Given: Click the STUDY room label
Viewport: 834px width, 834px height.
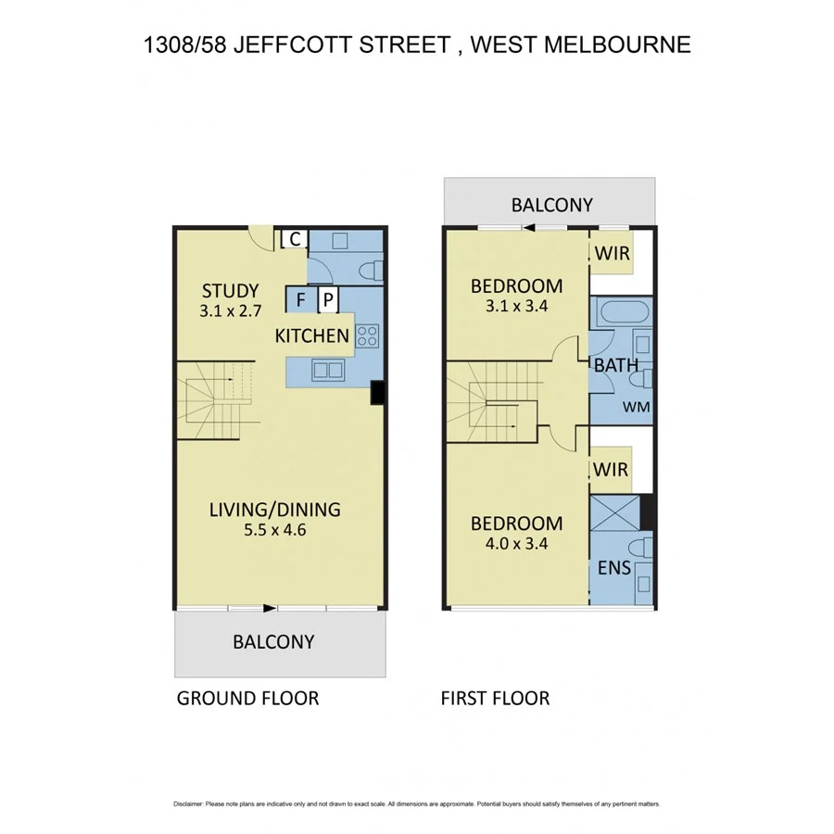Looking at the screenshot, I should coord(230,290).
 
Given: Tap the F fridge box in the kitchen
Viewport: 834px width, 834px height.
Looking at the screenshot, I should coord(300,299).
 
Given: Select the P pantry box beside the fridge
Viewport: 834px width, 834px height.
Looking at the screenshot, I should coord(327,299).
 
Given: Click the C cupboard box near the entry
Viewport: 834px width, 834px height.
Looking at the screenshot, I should coord(293,239).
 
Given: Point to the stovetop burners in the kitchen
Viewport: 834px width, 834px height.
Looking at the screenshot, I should coord(366,335).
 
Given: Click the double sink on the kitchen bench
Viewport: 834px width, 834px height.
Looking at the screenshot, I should coord(328,370).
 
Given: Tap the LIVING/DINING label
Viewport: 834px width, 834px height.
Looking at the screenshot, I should coord(274,509).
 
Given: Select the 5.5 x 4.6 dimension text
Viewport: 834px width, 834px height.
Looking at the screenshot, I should coord(274,531).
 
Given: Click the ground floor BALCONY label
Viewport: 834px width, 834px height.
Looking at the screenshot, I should coord(273,641).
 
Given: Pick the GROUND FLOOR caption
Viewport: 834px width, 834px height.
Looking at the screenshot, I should coord(247,698).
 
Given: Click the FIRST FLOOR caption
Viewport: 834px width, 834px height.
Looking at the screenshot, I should coord(495,698).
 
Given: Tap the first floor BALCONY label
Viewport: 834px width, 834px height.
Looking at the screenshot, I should coord(552,205).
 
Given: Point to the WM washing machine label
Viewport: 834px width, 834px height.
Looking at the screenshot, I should coord(635,406).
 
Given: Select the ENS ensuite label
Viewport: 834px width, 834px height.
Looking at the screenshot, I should coord(614,567).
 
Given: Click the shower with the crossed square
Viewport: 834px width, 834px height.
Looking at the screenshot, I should coord(614,512).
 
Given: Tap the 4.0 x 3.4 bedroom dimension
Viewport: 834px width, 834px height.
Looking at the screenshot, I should coord(516,544).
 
